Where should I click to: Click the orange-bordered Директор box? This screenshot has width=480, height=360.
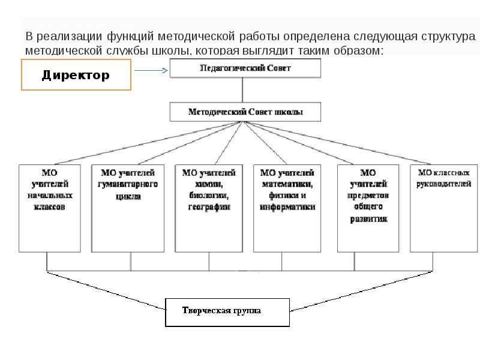[76, 75]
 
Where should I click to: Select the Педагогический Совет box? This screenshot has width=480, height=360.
[245, 68]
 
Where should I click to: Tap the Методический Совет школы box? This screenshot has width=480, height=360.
[245, 112]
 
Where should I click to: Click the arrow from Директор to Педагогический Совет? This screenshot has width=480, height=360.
[151, 70]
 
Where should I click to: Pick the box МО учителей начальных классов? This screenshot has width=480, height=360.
[50, 207]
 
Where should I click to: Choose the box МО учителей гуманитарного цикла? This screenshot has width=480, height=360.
[127, 207]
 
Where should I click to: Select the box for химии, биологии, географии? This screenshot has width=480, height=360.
[209, 207]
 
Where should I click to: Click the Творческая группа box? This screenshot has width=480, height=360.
[227, 311]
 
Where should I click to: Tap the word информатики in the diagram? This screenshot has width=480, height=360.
[287, 207]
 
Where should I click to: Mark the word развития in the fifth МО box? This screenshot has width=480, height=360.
[368, 219]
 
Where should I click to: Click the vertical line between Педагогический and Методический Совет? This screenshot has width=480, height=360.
[242, 90]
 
